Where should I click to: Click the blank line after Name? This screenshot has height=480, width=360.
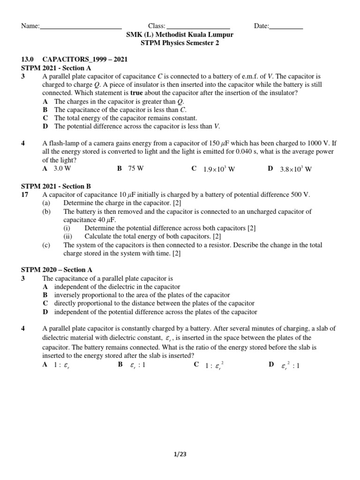[x=81, y=27]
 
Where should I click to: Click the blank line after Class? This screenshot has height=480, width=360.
[x=198, y=27]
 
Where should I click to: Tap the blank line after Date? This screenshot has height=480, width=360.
[x=286, y=27]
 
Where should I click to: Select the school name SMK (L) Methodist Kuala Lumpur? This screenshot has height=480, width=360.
[x=180, y=35]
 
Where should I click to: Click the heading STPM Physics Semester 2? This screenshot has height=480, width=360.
[x=180, y=43]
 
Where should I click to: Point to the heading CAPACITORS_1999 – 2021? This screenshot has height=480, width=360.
[x=85, y=60]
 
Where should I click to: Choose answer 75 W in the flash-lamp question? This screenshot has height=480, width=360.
[x=135, y=169]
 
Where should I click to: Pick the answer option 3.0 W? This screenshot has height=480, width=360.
[x=62, y=169]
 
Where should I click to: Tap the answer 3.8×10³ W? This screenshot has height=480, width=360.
[x=295, y=169]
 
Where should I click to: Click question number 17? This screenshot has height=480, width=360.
[x=26, y=195]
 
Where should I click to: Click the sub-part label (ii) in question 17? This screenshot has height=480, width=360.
[x=68, y=236]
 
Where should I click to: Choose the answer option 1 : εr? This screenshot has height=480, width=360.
[x=62, y=366]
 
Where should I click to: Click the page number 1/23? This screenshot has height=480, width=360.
[x=180, y=454]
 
